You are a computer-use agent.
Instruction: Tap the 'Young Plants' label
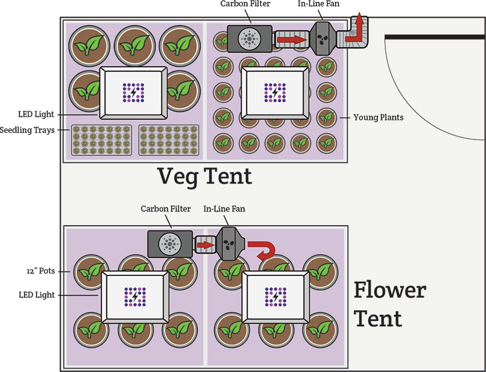pyautogui.click(x=378, y=118)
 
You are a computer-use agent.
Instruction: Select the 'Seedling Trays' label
pyautogui.click(x=27, y=130)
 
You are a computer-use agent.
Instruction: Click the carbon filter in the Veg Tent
pyautogui.click(x=249, y=39)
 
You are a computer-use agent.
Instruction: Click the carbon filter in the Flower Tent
pyautogui.click(x=170, y=244)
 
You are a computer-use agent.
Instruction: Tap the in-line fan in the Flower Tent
pyautogui.click(x=228, y=244)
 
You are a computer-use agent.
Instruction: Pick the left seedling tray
pyautogui.click(x=101, y=141)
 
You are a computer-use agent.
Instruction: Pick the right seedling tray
pyautogui.click(x=169, y=141)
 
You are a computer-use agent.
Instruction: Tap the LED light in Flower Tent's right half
pyautogui.click(x=276, y=297)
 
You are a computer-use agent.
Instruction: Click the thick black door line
pyautogui.click(x=435, y=37)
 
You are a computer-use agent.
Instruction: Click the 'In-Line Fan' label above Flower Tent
pyautogui.click(x=224, y=209)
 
